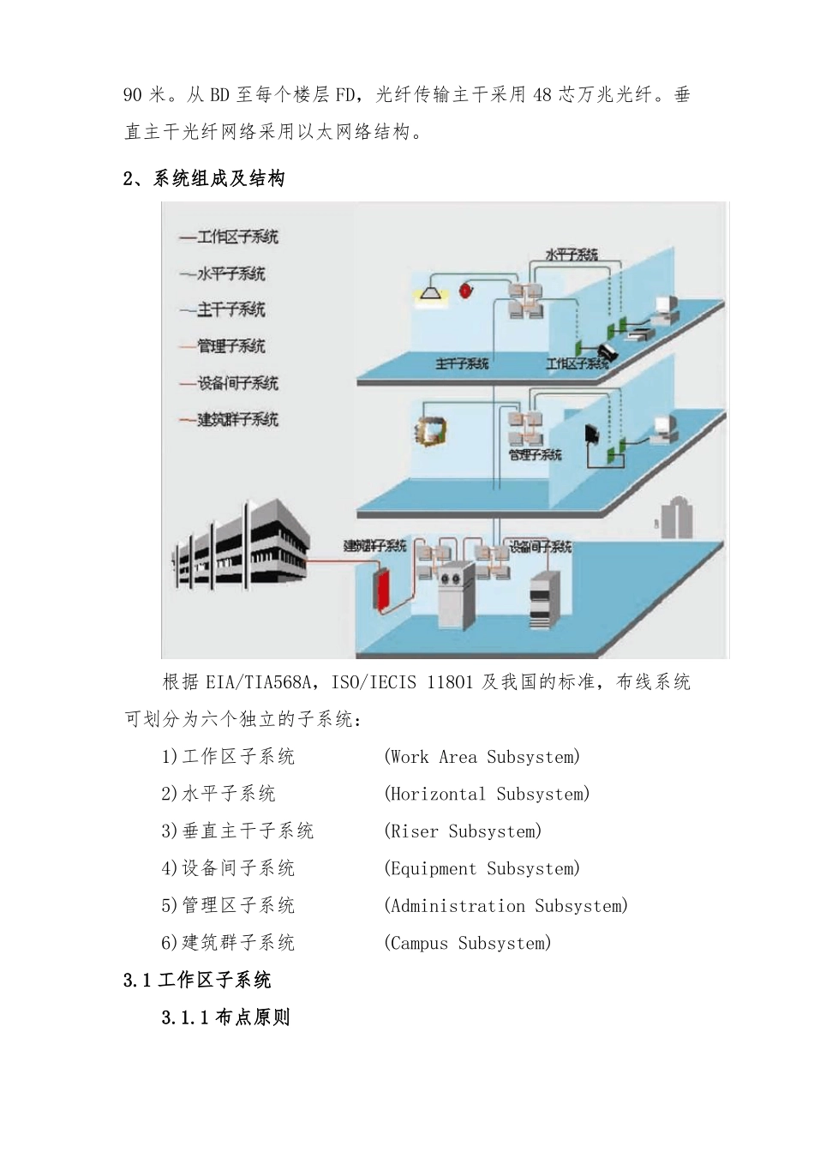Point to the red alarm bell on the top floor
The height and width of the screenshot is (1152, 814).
click(469, 289)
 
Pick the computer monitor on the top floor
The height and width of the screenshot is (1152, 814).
click(665, 307)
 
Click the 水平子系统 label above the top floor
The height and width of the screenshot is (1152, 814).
click(572, 255)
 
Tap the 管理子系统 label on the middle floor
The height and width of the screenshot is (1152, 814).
click(536, 454)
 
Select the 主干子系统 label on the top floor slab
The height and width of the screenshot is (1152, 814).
click(462, 364)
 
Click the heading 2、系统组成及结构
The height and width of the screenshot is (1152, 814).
click(205, 178)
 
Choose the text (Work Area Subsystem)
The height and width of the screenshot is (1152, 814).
click(482, 757)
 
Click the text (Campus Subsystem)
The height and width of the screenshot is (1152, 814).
click(467, 943)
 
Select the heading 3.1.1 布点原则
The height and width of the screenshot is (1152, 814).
click(226, 1017)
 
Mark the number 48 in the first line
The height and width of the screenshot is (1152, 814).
click(542, 94)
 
